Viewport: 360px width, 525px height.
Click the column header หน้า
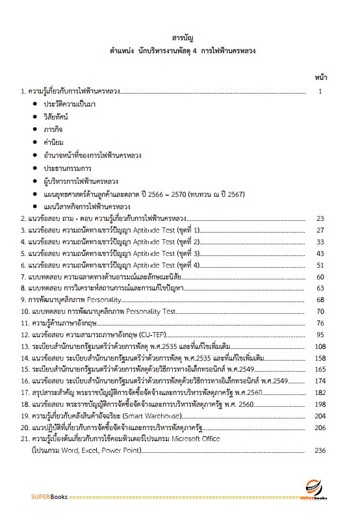[320, 78]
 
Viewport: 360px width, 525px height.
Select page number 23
[320, 218]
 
